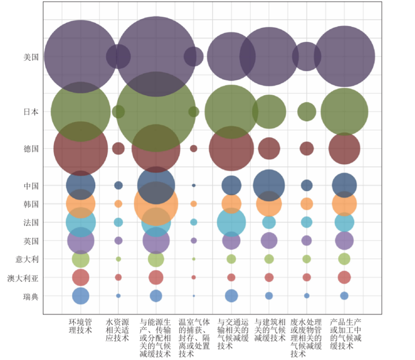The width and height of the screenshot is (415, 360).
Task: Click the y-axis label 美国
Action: point(31,57)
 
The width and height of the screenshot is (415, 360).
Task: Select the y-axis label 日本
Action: point(31,112)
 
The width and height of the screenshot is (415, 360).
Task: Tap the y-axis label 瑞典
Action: point(31,296)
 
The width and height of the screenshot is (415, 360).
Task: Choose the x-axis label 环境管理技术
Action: point(80,326)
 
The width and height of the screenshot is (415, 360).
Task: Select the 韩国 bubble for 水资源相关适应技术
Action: point(118,204)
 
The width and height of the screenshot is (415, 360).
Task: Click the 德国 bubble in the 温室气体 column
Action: point(194,149)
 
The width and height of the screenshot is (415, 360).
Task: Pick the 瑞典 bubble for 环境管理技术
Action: point(80,296)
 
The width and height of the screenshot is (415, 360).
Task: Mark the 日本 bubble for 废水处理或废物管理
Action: point(307,112)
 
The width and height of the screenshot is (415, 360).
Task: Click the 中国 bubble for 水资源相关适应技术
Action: point(118,185)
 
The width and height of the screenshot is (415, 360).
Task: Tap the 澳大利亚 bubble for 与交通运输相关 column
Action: point(231,277)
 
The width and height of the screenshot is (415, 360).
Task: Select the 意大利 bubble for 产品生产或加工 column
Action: point(344,259)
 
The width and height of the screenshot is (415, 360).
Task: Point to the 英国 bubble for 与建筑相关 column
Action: point(269,240)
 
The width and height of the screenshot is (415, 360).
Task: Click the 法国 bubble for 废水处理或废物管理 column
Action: point(307,222)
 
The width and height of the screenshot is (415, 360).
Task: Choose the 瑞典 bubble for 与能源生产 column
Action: point(156,296)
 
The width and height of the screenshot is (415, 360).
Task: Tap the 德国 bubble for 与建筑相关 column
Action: point(269,149)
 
